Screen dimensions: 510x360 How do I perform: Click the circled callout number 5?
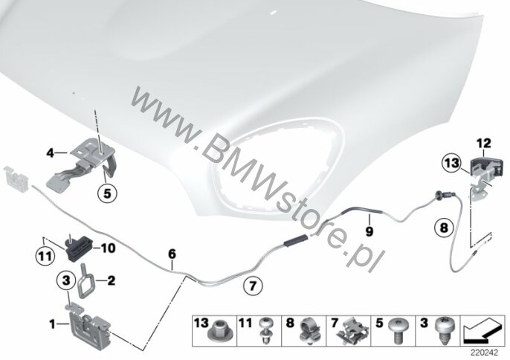[107, 193]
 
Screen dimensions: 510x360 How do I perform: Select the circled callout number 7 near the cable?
[253, 286]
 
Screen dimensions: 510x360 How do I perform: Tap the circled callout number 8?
[445, 228]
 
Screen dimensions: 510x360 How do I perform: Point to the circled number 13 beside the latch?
[452, 162]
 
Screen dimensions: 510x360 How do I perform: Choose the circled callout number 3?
[66, 280]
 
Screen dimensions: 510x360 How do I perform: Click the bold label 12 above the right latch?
[484, 144]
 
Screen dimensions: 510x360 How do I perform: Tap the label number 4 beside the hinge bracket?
[50, 152]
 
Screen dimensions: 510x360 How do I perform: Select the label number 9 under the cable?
[369, 231]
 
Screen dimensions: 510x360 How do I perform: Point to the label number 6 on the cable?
[172, 253]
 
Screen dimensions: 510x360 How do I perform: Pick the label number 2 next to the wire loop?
[112, 280]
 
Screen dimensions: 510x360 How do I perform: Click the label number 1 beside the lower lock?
[52, 324]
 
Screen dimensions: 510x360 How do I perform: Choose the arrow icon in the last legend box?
[482, 331]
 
